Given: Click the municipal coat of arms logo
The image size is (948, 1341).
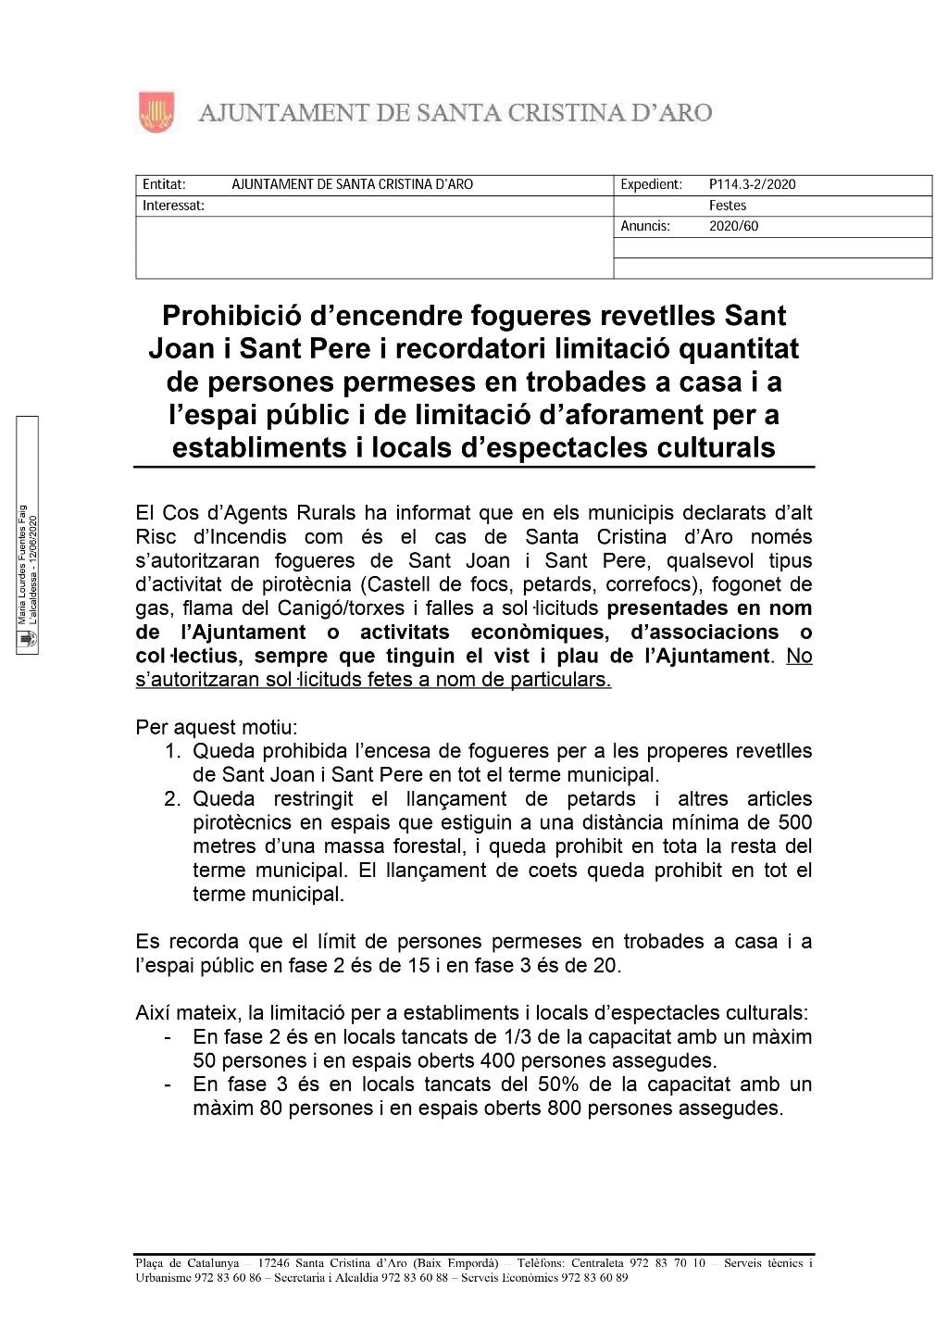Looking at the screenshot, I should pyautogui.click(x=156, y=112).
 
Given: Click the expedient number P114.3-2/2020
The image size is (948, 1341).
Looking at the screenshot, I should pyautogui.click(x=752, y=184).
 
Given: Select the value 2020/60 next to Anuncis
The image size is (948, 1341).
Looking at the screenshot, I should pyautogui.click(x=733, y=226).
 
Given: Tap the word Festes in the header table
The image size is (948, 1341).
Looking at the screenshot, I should pyautogui.click(x=728, y=206).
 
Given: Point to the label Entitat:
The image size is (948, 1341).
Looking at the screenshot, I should pyautogui.click(x=164, y=184).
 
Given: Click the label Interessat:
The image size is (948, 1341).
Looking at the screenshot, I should pyautogui.click(x=173, y=206).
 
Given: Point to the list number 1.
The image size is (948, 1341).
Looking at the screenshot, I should pyautogui.click(x=173, y=751).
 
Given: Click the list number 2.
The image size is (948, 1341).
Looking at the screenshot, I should pyautogui.click(x=173, y=798).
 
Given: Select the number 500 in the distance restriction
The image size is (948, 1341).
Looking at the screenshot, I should pyautogui.click(x=794, y=822).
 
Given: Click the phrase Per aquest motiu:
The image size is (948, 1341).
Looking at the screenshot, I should pyautogui.click(x=217, y=727).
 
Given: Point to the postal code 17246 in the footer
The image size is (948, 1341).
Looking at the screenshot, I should pyautogui.click(x=276, y=1263).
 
